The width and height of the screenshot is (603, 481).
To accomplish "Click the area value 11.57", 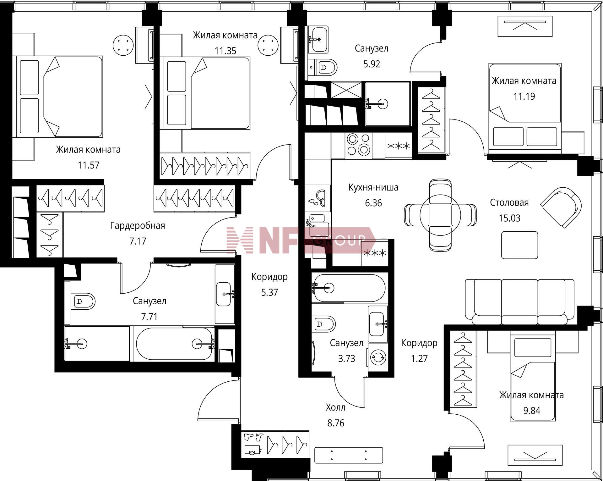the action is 89,165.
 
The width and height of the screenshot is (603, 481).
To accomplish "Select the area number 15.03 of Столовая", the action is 509,218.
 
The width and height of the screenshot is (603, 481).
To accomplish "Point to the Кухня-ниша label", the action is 373,188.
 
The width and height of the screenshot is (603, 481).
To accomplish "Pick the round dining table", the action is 440,215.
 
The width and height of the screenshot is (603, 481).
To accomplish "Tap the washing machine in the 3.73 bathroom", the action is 378,357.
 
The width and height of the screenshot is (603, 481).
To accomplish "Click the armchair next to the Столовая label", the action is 561,207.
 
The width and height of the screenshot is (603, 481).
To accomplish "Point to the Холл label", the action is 336,408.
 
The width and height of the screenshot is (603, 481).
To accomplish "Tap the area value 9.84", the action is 532,411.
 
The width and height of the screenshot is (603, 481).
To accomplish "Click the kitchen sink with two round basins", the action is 318,198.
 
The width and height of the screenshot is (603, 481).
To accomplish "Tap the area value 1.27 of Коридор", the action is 419,359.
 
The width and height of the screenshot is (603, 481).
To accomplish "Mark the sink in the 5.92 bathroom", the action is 318,39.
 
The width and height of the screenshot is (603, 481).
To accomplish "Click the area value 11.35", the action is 225,51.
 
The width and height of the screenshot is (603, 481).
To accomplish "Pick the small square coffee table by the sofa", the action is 519,245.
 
